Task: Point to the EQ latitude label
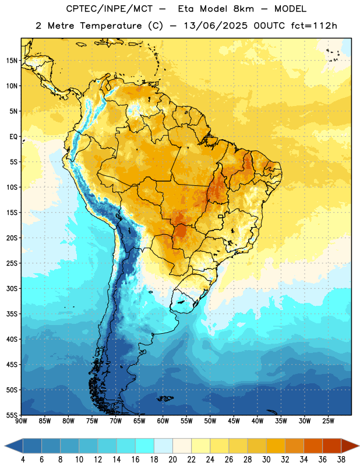tap(13, 137)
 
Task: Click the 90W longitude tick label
tap(21, 421)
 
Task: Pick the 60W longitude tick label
tap(163, 421)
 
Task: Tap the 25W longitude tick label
tap(328, 421)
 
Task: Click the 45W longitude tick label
tap(234, 421)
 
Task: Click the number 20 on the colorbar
tap(172, 460)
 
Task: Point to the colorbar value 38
tap(341, 460)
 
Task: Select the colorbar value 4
tap(23, 460)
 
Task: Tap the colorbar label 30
tap(266, 460)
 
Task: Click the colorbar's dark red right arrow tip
tap(359, 446)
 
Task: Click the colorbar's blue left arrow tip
tap(5, 446)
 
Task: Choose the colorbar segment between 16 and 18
tap(145, 446)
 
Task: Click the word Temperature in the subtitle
tap(110, 26)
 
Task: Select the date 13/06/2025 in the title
tap(215, 26)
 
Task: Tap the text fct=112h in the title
tap(314, 26)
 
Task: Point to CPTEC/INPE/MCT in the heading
tap(110, 9)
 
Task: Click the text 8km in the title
tap(243, 9)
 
